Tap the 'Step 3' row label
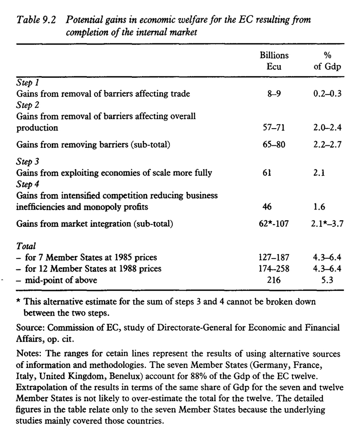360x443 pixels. click(x=27, y=161)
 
